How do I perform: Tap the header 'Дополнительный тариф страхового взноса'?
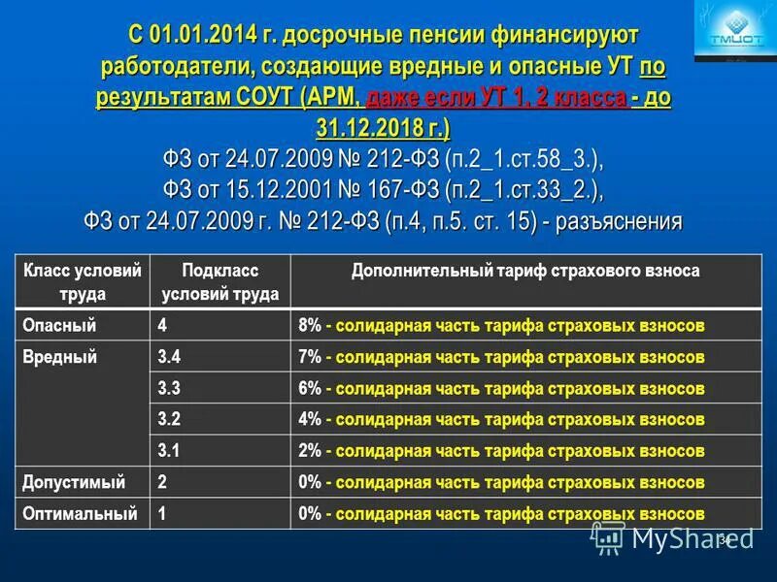[525, 272]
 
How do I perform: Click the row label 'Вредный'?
[59, 357]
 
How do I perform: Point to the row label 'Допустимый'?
[74, 482]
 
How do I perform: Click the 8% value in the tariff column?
[310, 326]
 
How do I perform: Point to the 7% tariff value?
[310, 357]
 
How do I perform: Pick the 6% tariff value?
[310, 388]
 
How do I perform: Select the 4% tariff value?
[310, 419]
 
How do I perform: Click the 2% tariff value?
[310, 451]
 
